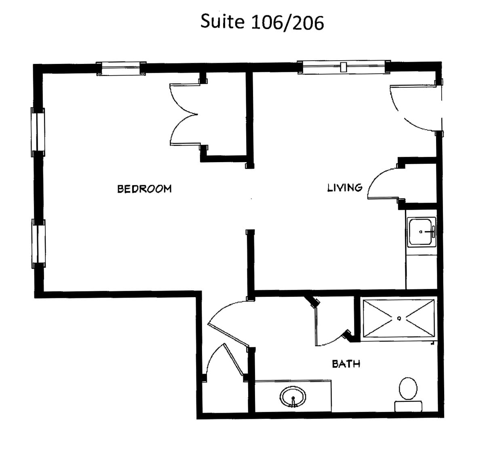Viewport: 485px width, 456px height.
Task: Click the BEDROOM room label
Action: (144, 189)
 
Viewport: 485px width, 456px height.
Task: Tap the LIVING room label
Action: (345, 188)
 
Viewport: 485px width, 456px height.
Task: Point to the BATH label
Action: (346, 364)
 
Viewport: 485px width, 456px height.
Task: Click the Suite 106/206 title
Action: (262, 22)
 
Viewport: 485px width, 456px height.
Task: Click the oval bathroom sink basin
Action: (293, 397)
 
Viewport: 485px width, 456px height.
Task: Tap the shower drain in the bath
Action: (399, 318)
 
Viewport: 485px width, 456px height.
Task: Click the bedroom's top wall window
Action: (121, 68)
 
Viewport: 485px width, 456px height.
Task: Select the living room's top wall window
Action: (344, 67)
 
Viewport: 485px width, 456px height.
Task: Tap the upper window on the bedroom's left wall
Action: (38, 132)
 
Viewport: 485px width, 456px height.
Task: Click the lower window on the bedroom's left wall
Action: (38, 244)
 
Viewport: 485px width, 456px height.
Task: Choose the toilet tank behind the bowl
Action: (408, 407)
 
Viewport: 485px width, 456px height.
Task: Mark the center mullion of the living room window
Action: (344, 67)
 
